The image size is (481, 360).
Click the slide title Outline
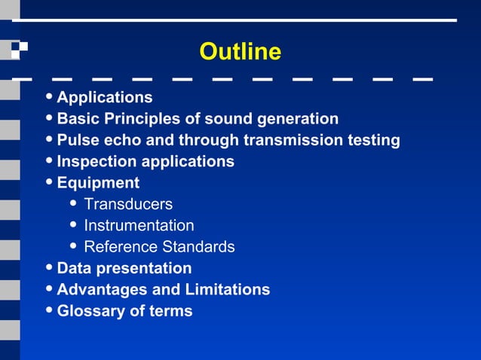tap(240, 52)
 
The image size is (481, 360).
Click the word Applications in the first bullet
tap(105, 98)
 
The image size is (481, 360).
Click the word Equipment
tap(98, 183)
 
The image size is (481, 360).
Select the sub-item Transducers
tap(128, 204)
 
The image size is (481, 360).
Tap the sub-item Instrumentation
tap(139, 225)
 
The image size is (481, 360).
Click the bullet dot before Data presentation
tap(49, 268)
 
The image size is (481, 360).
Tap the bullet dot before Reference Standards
tap(73, 246)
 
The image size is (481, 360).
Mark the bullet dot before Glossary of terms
tap(49, 311)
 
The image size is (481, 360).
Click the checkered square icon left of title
tap(19, 50)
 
